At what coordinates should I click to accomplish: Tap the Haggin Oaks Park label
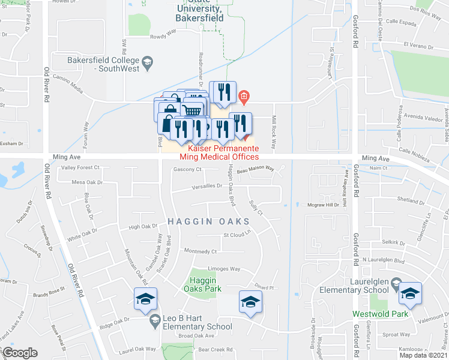point(205,284)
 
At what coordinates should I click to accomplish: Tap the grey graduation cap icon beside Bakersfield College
point(147,61)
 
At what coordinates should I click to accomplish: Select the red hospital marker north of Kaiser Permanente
point(244,96)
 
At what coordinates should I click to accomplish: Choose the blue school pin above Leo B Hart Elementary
point(145,299)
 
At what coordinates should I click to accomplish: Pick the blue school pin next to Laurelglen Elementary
point(410,293)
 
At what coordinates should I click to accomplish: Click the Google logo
point(20,353)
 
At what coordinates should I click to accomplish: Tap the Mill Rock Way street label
point(274,132)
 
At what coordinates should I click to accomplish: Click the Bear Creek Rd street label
point(215,349)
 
